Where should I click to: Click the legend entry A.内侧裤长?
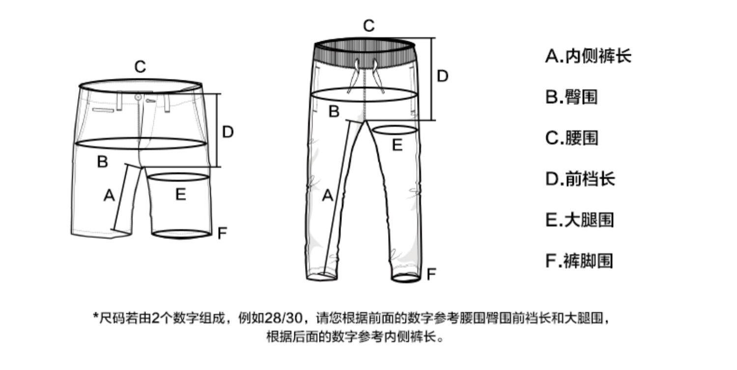pyautogui.click(x=588, y=56)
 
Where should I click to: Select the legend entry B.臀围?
pyautogui.click(x=571, y=97)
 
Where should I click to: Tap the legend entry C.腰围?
pyautogui.click(x=571, y=138)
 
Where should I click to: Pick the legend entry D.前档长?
pyautogui.click(x=580, y=179)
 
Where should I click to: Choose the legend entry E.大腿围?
pyautogui.click(x=580, y=219)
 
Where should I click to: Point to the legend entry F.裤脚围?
pyautogui.click(x=579, y=260)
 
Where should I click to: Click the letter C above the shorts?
pyautogui.click(x=140, y=67)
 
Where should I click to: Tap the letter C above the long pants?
pyautogui.click(x=368, y=26)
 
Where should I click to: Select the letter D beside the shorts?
pyautogui.click(x=227, y=132)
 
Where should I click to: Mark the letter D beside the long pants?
pyautogui.click(x=442, y=77)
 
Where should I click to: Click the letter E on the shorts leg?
pyautogui.click(x=181, y=195)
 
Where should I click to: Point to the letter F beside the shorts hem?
pyautogui.click(x=222, y=233)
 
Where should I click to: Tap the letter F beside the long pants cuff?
pyautogui.click(x=431, y=274)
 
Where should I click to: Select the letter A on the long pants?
pyautogui.click(x=327, y=196)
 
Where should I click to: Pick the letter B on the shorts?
pyautogui.click(x=102, y=161)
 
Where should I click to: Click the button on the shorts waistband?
pyautogui.click(x=139, y=98)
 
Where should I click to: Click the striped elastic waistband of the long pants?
pyautogui.click(x=365, y=52)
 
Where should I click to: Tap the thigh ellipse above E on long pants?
pyautogui.click(x=396, y=130)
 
